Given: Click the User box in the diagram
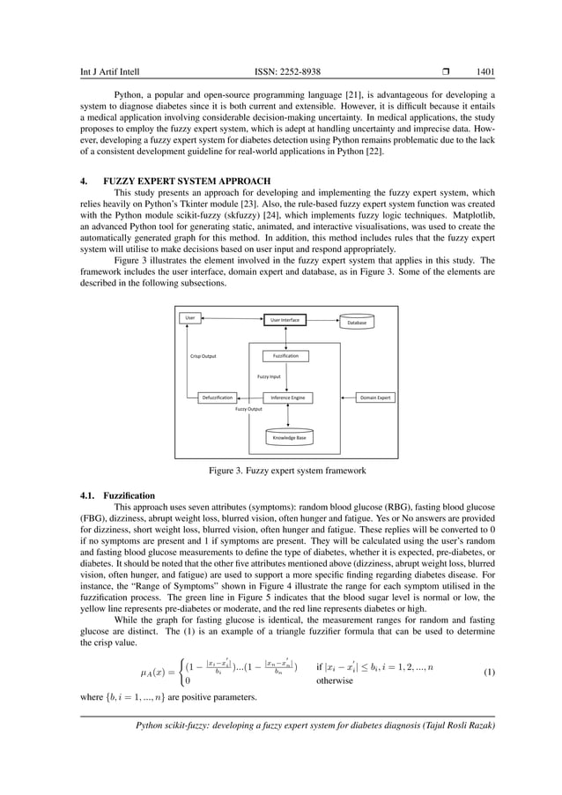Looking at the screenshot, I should (x=188, y=317).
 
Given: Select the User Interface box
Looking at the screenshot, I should (x=284, y=320).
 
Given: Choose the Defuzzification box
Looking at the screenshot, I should (x=216, y=398).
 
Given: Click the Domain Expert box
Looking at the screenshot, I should (x=375, y=398).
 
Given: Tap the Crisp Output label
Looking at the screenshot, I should (x=203, y=357).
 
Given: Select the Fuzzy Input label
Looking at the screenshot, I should (x=269, y=376).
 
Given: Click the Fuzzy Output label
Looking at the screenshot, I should (x=248, y=410).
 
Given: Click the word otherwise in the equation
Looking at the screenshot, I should (x=335, y=680).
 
